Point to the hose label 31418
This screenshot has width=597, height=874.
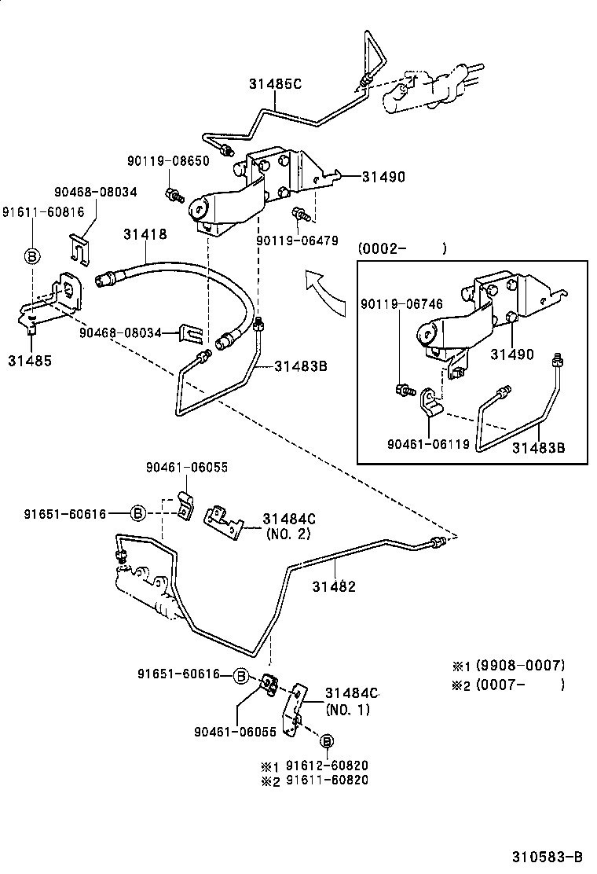pos(145,233)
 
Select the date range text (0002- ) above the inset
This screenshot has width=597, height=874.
pos(401,249)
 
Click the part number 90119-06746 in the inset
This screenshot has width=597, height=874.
pos(402,304)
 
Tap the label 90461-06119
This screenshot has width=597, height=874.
pos(428,444)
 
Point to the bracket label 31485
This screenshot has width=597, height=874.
pos(30,361)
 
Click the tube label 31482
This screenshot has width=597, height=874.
pos(334,586)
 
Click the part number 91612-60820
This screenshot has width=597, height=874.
pos(327,766)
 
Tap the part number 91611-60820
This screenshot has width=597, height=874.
pos(327,780)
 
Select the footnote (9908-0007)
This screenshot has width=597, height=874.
pos(520,666)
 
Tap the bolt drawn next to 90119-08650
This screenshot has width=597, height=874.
pos(173,193)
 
